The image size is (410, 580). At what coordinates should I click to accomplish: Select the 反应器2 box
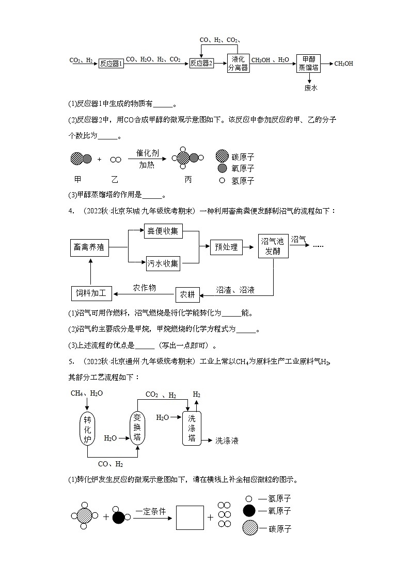[201, 63]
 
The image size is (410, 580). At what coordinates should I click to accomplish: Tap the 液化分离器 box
[238, 63]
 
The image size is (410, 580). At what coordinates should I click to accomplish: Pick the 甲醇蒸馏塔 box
[309, 63]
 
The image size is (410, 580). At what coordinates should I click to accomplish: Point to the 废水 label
[311, 88]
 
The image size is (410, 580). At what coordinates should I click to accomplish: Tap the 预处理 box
[226, 247]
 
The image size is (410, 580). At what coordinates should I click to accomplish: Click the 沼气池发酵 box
[273, 246]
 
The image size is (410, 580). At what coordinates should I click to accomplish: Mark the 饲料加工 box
[91, 294]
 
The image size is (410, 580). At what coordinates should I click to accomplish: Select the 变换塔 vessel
[137, 427]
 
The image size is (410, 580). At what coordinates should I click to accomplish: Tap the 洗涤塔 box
[192, 428]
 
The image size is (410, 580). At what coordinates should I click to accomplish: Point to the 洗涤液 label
[227, 441]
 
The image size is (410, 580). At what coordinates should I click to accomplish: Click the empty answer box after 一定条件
[190, 517]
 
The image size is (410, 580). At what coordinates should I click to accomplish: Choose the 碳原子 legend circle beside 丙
[222, 156]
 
